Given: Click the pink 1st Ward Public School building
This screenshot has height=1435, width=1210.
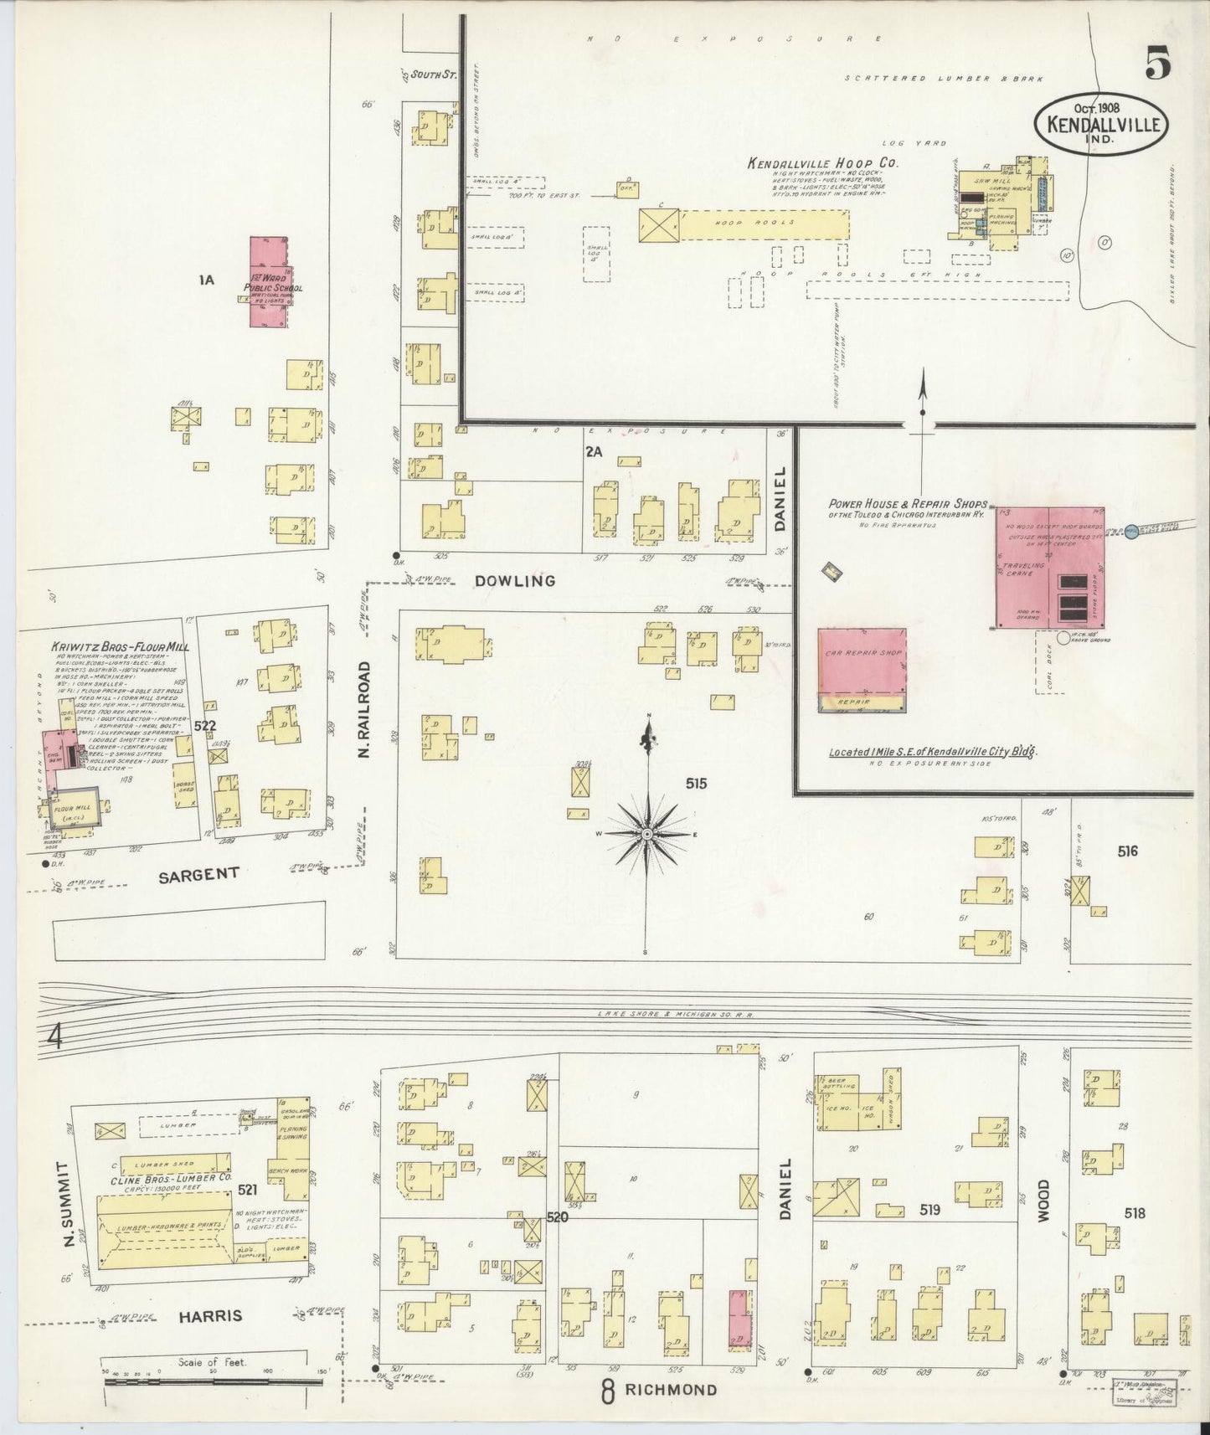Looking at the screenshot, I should click(270, 282).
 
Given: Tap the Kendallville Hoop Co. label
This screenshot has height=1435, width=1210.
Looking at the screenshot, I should click(822, 164).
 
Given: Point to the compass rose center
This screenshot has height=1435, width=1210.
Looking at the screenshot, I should click(647, 835).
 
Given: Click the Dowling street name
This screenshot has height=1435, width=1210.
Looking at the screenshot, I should click(514, 580).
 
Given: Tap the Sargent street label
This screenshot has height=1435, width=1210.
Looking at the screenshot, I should click(198, 874).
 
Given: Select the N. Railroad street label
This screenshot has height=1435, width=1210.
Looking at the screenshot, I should click(364, 710).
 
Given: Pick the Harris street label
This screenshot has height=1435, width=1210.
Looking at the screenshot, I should click(210, 1316).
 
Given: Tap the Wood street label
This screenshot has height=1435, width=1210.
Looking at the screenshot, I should click(1043, 1201).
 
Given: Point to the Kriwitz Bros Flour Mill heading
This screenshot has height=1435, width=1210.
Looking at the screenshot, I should click(120, 646).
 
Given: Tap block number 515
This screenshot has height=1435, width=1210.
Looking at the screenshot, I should click(696, 784).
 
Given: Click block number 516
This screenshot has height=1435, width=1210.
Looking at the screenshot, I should click(1127, 851).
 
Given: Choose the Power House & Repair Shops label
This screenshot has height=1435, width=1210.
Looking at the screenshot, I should click(908, 504).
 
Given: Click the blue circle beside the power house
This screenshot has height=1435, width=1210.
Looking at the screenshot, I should click(1131, 532).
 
